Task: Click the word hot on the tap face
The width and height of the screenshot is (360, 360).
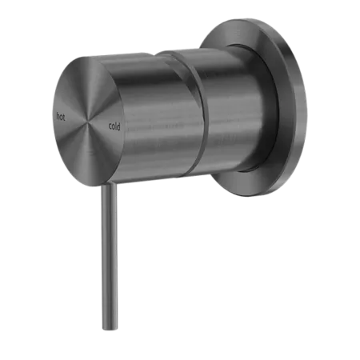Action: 61,117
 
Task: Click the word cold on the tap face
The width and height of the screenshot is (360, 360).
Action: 114,126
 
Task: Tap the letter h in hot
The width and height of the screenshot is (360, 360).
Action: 58,116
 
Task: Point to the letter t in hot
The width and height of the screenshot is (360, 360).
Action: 64,117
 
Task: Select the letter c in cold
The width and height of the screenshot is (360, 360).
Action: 110,126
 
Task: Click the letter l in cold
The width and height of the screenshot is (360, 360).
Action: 116,126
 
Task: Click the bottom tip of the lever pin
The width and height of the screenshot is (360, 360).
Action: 110,330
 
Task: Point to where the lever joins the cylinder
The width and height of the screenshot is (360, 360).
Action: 108,185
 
